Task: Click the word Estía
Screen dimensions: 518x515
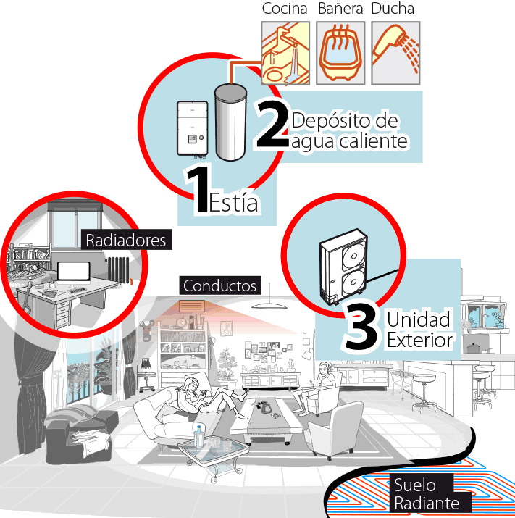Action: tap(233, 202)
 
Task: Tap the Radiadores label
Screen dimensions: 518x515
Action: tap(126, 240)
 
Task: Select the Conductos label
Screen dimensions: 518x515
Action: tap(219, 285)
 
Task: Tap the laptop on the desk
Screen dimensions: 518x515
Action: tap(74, 272)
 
